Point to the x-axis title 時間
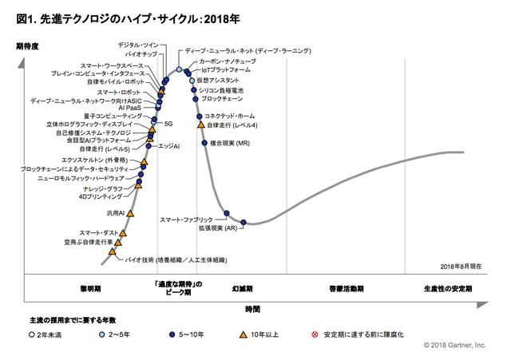[253, 307]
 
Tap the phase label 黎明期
[89, 287]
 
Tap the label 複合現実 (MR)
[230, 143]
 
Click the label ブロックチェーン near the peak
[221, 98]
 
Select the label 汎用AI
[116, 213]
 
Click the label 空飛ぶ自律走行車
[89, 241]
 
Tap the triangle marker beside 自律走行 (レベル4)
[200, 125]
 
